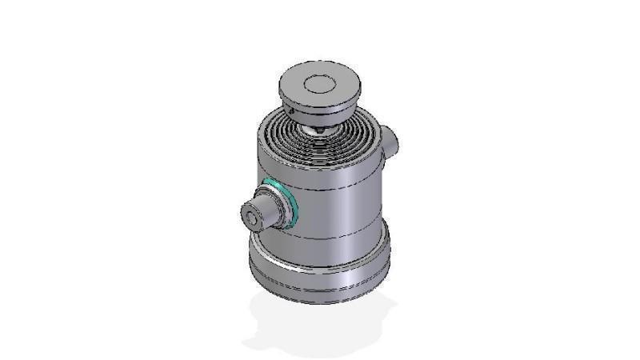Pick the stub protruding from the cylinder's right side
point(390,141)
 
